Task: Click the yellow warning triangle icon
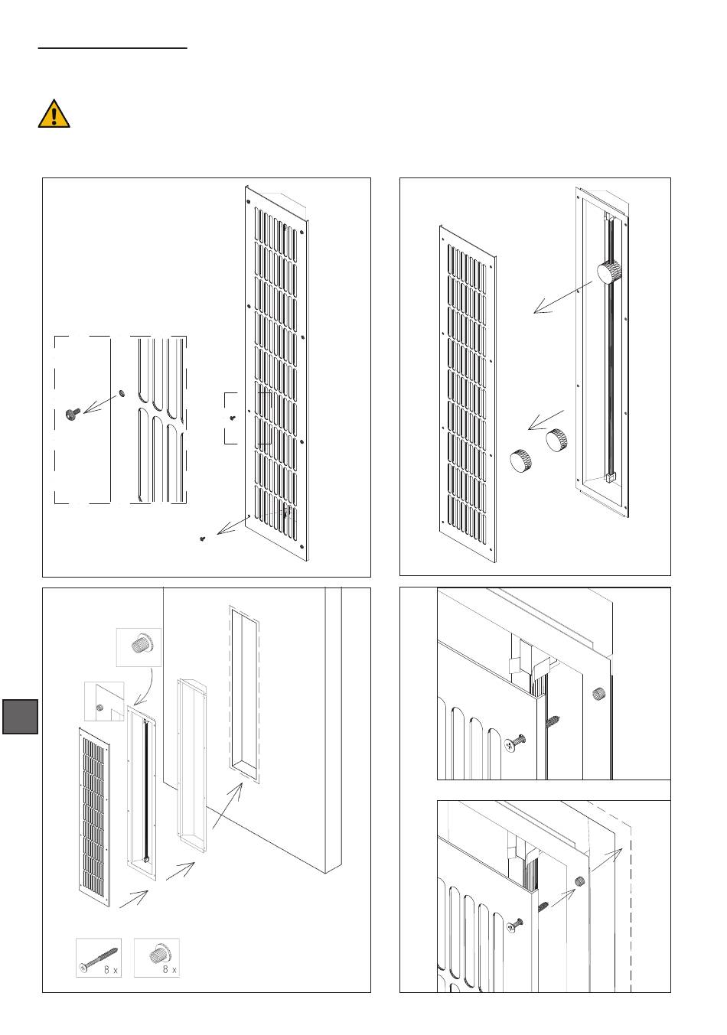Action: (54, 113)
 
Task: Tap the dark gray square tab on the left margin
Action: (20, 715)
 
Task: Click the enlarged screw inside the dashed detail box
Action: (73, 414)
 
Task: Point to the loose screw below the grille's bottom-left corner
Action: (203, 539)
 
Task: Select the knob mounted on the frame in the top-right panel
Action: (610, 272)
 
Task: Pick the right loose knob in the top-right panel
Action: (556, 441)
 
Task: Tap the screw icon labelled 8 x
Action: (98, 958)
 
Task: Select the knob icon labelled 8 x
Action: (156, 958)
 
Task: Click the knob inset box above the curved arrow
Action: (139, 646)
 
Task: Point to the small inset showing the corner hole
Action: (103, 701)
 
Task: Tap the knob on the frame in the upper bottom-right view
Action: (598, 695)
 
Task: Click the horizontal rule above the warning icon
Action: (112, 48)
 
